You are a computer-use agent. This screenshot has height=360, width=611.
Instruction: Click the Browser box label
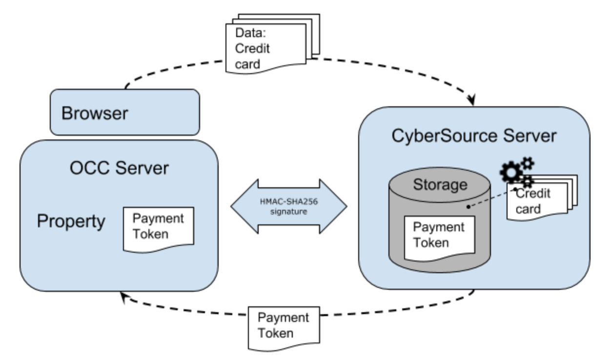94,113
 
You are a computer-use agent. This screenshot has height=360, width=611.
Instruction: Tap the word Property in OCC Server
71,221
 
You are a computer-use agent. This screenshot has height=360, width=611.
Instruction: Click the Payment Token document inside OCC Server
157,227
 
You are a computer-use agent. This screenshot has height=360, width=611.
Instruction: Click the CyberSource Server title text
474,136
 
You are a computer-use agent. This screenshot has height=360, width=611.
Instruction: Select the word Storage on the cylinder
440,185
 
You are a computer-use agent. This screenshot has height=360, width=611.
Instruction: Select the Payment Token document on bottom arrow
283,326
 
